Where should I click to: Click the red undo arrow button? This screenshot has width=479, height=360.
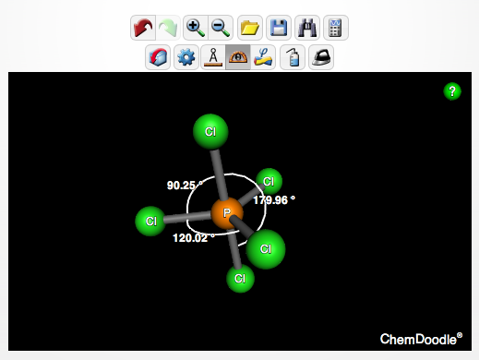145,29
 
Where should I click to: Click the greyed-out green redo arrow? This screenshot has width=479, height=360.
169,29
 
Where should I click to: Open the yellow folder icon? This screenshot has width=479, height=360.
249,29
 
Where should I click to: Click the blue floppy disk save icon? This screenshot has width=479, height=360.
276,29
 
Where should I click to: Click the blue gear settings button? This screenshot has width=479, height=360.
186,57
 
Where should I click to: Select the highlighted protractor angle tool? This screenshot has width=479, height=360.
238,57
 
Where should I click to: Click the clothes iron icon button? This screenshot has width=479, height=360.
320,57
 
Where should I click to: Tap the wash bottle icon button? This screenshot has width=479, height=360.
293,57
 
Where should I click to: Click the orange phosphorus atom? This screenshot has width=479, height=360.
226,214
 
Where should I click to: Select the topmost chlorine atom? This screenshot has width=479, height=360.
210,132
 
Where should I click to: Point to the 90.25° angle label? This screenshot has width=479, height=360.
185,186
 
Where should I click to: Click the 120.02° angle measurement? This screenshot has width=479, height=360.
193,237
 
